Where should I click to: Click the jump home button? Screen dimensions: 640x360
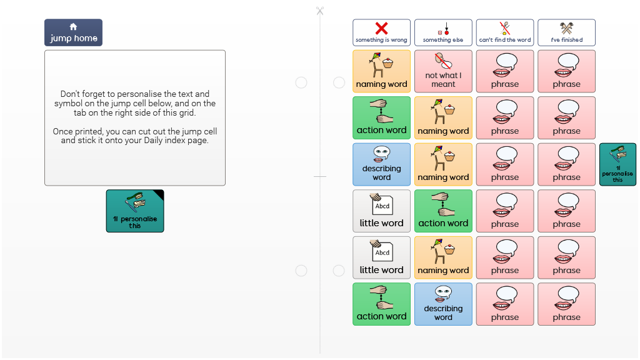click(x=74, y=32)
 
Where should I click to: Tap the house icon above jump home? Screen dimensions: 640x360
click(x=74, y=27)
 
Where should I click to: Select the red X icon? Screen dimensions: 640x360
click(x=382, y=28)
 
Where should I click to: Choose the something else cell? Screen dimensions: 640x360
click(x=443, y=32)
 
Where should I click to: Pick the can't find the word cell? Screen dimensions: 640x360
click(x=505, y=32)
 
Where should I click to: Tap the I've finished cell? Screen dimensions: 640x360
click(x=566, y=32)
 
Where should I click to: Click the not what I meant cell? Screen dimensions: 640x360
click(x=443, y=71)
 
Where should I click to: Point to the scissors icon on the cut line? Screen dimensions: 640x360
click(x=320, y=11)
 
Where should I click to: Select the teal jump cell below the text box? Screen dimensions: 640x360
click(x=135, y=211)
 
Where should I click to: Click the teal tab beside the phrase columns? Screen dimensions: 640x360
click(x=617, y=164)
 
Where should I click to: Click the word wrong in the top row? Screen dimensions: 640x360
click(x=399, y=40)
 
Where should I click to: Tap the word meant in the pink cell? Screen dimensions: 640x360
click(x=443, y=84)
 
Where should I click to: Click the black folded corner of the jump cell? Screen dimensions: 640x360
click(x=159, y=194)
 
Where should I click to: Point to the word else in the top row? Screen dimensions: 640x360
click(x=457, y=40)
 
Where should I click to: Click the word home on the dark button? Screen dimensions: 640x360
click(x=86, y=38)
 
